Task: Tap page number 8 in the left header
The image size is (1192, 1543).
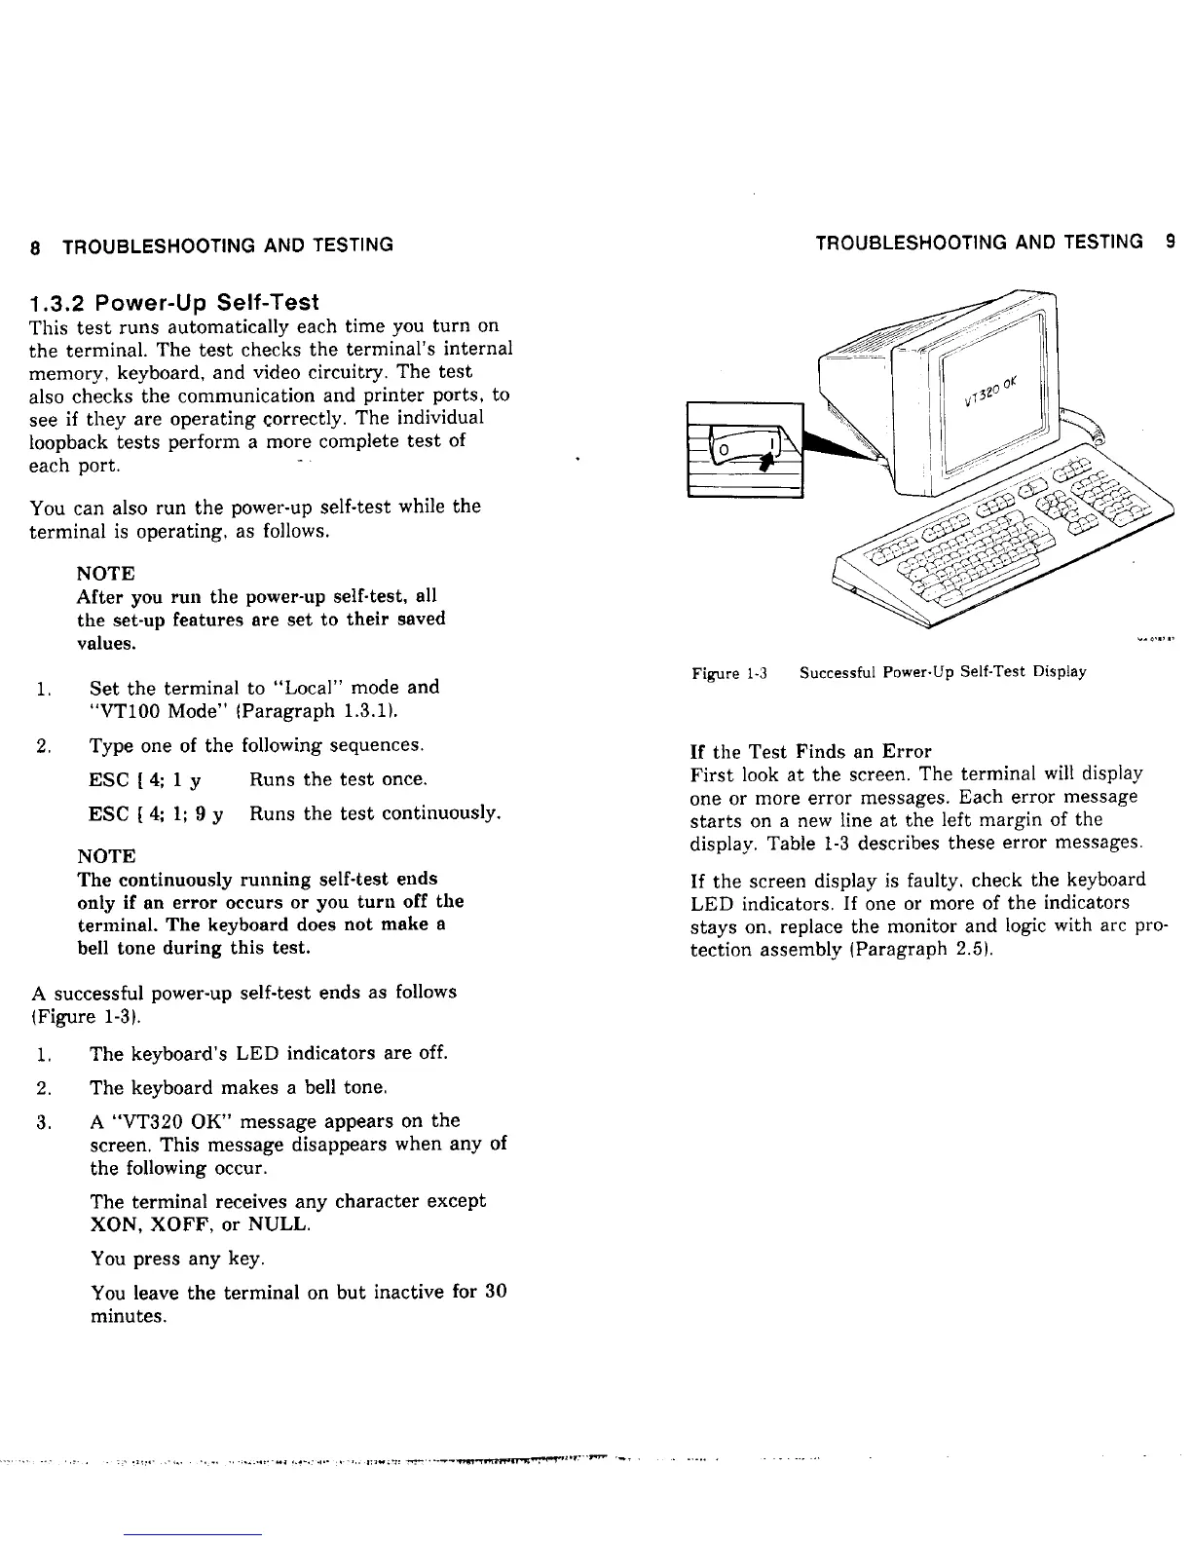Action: point(35,245)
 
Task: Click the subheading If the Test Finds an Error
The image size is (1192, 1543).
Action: point(810,751)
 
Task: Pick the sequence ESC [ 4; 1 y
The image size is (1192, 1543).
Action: point(145,780)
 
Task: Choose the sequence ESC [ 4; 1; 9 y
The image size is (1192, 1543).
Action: point(157,813)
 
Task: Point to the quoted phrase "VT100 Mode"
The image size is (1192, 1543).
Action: point(145,711)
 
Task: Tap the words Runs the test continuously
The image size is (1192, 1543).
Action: point(376,813)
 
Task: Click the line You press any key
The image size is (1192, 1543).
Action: point(177,1259)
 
